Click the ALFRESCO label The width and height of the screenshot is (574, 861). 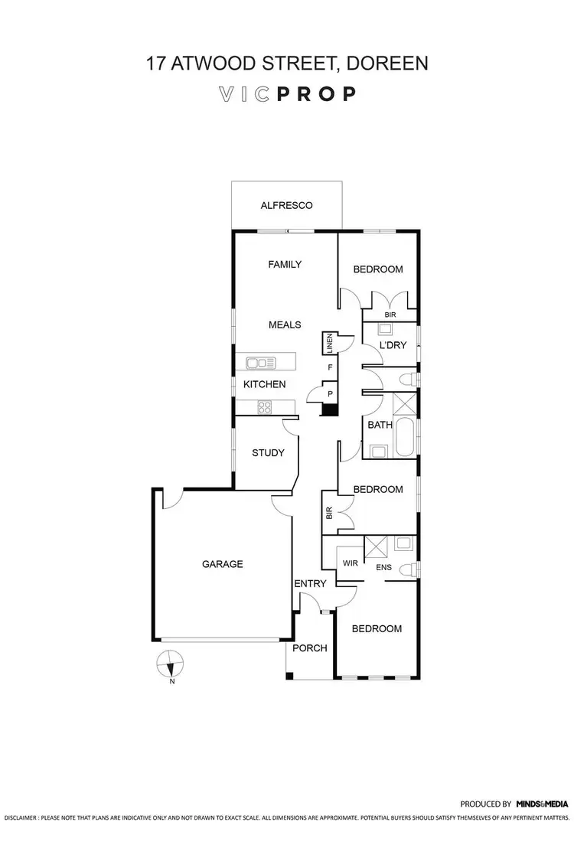[x=287, y=205]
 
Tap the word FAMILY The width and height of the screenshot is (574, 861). [x=285, y=265]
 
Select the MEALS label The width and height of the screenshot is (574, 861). [x=285, y=325]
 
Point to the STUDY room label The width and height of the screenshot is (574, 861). [x=268, y=452]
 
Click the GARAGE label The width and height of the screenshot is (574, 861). [x=222, y=564]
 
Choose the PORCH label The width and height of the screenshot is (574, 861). [x=310, y=647]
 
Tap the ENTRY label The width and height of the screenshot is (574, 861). [x=310, y=584]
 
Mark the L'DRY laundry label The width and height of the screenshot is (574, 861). [x=393, y=345]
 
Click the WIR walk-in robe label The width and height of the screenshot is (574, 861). [x=351, y=563]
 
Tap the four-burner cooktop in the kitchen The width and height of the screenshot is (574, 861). [x=266, y=407]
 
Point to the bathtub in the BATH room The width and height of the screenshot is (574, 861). [x=405, y=437]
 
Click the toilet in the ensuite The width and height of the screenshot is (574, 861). [x=411, y=569]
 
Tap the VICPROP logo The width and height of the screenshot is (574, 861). [x=287, y=94]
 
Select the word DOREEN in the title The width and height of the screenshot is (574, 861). [x=390, y=64]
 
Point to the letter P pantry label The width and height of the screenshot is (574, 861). [x=330, y=393]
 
